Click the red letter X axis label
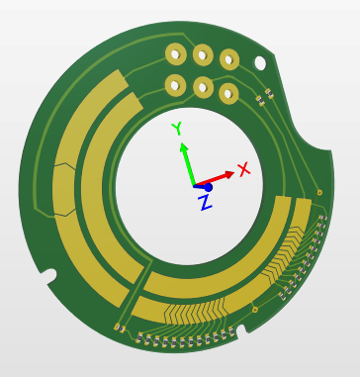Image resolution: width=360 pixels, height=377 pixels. coord(244,169)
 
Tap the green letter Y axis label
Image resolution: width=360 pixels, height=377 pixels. coord(177,128)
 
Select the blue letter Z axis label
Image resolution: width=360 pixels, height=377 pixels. coord(205,203)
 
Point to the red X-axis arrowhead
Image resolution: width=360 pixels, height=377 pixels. coord(228,174)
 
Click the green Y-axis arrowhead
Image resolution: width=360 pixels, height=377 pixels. coord(184,146)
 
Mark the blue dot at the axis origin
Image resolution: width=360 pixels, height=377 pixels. coord(208,188)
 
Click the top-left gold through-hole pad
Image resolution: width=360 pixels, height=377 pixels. coord(176,53)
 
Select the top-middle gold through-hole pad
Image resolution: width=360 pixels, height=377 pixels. coord(203,55)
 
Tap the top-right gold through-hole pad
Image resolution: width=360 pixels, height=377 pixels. coord(229,59)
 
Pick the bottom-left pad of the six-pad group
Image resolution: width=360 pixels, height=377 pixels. coord(175,85)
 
